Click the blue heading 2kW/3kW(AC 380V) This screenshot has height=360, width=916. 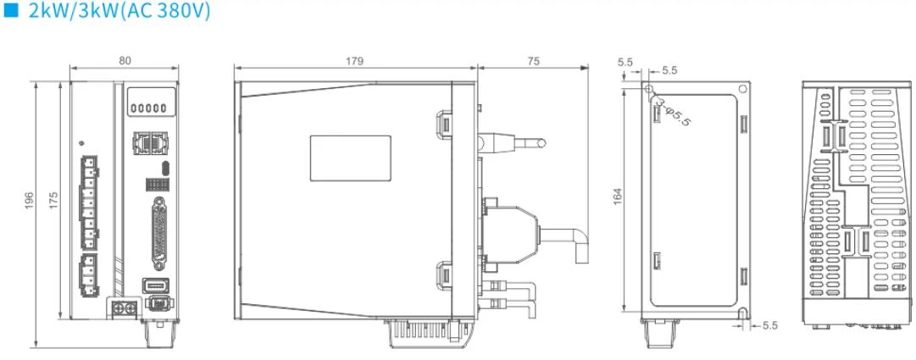(119, 11)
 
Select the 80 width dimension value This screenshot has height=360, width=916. (125, 60)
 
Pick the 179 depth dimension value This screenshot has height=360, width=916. (354, 60)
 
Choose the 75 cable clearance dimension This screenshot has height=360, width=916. (533, 60)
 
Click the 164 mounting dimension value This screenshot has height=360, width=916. (618, 196)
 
